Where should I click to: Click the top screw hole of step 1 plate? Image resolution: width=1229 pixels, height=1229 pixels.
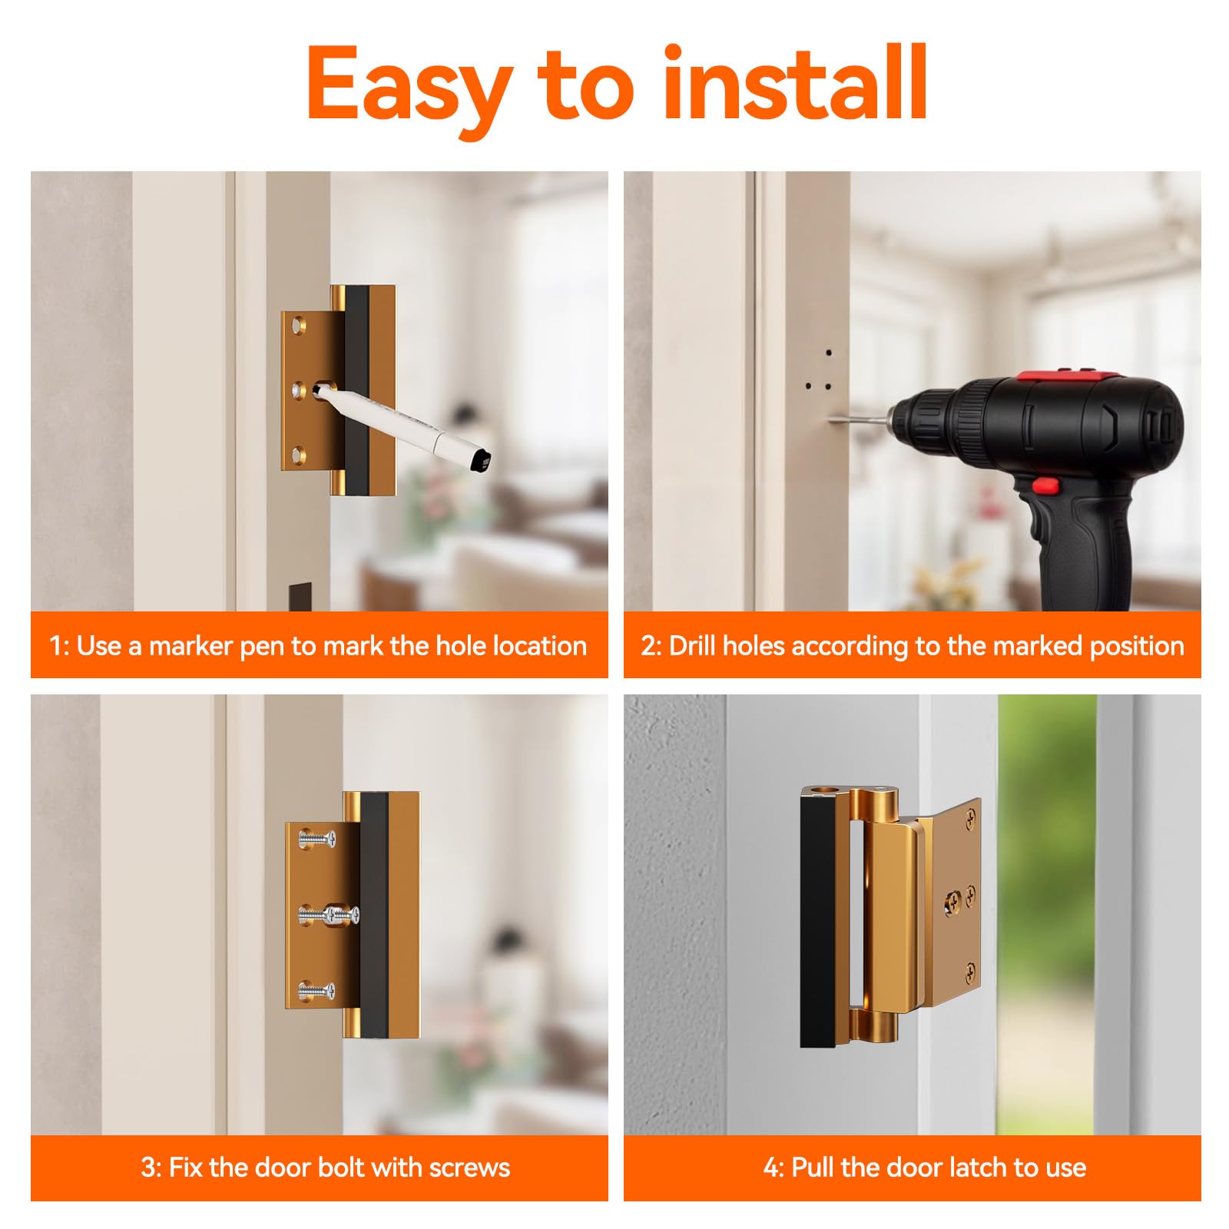click(299, 328)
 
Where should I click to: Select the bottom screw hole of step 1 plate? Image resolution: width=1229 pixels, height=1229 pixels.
click(299, 452)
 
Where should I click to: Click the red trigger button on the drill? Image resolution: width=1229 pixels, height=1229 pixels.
click(1044, 485)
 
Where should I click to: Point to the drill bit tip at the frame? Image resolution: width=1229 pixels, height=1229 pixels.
click(833, 419)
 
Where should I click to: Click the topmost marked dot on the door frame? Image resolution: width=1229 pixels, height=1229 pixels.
click(829, 353)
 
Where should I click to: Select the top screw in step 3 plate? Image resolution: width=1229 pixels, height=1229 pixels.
click(317, 839)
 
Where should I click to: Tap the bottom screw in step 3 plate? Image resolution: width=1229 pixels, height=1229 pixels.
click(316, 991)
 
